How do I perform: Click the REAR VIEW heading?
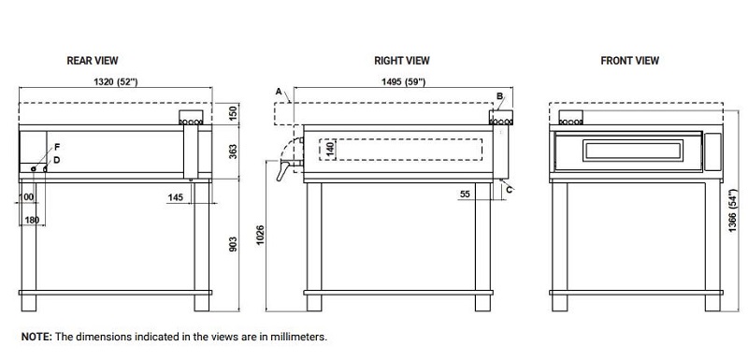click(92, 61)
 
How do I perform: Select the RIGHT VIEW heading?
click(402, 61)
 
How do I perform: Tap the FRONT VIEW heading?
click(629, 61)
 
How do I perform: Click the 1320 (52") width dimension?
click(115, 81)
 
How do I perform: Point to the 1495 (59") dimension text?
click(403, 81)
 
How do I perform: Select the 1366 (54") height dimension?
click(733, 210)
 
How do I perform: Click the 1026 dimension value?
click(260, 235)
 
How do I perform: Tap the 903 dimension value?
click(233, 244)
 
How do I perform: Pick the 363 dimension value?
click(233, 151)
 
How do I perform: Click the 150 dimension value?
click(233, 113)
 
